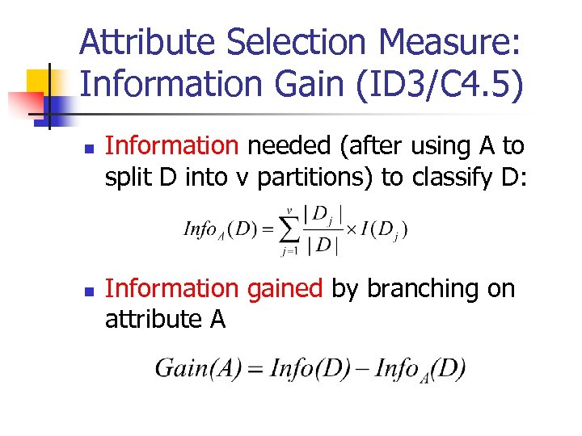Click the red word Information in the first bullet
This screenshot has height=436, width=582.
pos(172,146)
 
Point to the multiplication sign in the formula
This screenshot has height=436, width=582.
pos(352,230)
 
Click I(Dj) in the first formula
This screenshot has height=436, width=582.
pos(383,231)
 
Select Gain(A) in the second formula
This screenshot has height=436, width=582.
pos(191,369)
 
